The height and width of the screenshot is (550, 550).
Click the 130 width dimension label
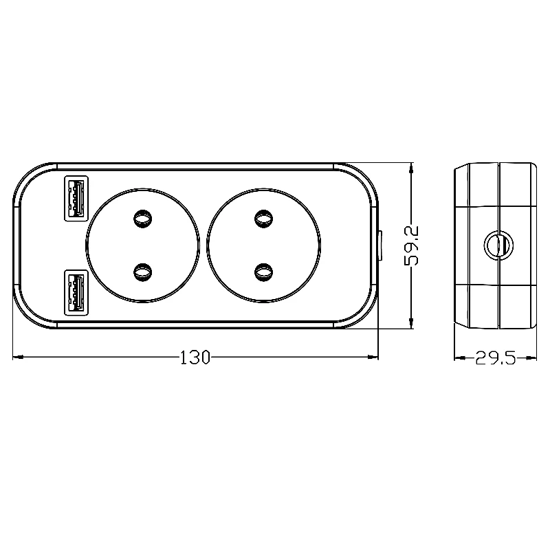click(195, 357)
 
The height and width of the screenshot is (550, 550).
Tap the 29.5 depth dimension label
click(495, 359)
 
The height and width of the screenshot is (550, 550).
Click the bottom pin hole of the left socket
click(143, 272)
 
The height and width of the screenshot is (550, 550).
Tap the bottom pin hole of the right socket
click(263, 272)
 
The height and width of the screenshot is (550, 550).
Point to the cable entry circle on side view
click(496, 245)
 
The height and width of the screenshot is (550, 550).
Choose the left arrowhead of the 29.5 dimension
click(457, 357)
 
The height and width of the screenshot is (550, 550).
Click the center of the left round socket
click(143, 245)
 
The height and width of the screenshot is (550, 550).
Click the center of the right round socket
click(263, 245)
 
